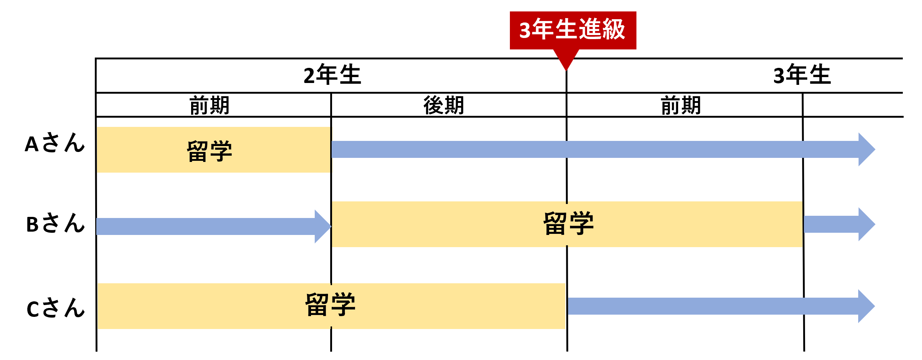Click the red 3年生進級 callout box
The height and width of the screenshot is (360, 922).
point(573,30)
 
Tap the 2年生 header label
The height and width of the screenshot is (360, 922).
point(332,75)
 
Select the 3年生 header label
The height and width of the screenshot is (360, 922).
point(802,75)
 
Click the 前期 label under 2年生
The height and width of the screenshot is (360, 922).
point(209,105)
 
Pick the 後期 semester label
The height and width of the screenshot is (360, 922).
point(443,105)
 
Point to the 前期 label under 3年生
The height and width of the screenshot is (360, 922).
point(681,105)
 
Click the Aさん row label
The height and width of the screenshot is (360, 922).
point(55,143)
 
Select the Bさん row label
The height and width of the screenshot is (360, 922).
point(55,224)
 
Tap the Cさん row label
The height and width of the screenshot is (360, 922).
point(55,308)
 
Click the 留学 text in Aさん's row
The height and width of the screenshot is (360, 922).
point(210,151)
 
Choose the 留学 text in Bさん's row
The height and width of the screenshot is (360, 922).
point(569,224)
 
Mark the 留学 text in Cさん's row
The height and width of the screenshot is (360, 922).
point(330,305)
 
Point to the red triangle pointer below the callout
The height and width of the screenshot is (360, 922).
point(566,59)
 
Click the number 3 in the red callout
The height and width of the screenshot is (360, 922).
point(525,30)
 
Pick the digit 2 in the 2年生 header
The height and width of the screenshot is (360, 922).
point(309,76)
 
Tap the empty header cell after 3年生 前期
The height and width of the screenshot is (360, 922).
point(852,105)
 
